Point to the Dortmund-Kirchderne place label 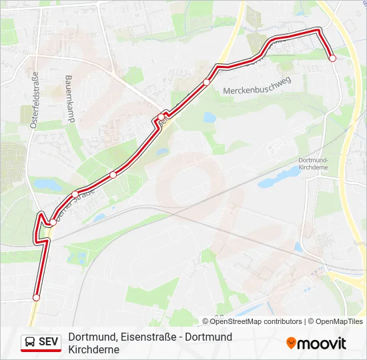pos(313,164)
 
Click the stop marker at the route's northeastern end pos(332,59)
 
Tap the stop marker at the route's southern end pos(37,297)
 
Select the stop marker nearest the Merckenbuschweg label pos(207,82)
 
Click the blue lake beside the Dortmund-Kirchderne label pos(279,177)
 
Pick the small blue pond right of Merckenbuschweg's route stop pos(210,117)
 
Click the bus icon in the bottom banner pos(30,343)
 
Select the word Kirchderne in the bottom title pos(93,349)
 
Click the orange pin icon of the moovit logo pos(291,343)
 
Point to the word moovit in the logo pos(322,344)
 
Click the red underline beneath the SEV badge pos(41,351)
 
